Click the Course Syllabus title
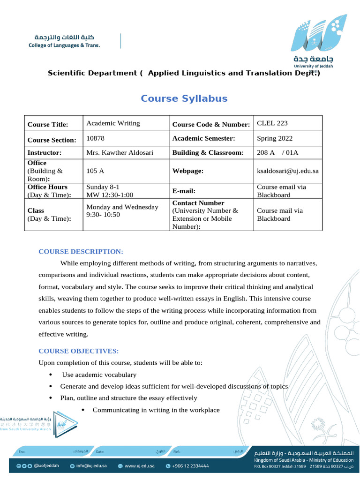(x=184, y=98)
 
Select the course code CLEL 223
(x=272, y=123)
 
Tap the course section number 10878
(x=96, y=138)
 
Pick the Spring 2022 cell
(x=275, y=138)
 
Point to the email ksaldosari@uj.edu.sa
(x=288, y=171)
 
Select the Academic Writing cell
(x=113, y=123)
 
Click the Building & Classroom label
(x=208, y=153)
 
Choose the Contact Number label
(x=198, y=203)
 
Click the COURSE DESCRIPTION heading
(x=81, y=252)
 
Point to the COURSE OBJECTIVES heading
(x=78, y=351)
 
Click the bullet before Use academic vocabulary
(x=50, y=375)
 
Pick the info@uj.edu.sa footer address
(x=92, y=466)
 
